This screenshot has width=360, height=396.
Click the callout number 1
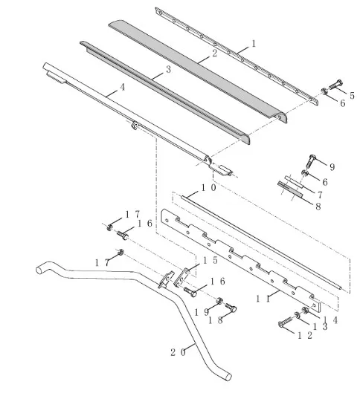[254, 44]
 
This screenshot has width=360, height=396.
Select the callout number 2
[215, 53]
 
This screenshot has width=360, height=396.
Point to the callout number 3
[169, 69]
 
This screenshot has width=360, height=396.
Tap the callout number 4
[123, 87]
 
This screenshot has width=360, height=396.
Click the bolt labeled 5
[336, 85]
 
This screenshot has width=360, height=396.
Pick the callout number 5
[352, 96]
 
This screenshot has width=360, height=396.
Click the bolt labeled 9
[310, 160]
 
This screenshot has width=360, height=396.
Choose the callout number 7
[320, 195]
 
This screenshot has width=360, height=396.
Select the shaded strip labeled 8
[290, 189]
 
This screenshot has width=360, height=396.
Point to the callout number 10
[208, 188]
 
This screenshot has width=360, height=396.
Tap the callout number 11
[263, 299]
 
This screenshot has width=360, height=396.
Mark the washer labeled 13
[298, 315]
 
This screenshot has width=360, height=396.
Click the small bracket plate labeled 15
[181, 277]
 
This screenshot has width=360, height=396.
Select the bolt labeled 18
[231, 308]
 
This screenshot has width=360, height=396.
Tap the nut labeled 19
[219, 301]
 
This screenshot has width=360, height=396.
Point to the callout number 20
[178, 352]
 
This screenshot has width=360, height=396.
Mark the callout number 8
[318, 207]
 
